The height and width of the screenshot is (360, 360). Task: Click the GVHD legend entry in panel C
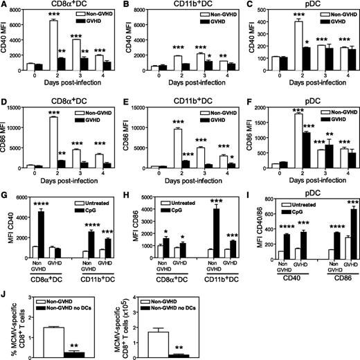[335, 20]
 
